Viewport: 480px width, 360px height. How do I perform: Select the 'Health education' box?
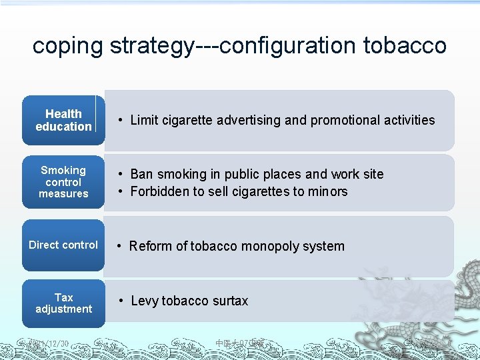point(63,121)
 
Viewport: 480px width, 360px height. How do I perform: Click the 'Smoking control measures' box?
point(63,182)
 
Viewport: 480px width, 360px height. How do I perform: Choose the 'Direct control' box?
point(63,245)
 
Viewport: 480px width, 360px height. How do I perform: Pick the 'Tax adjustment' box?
point(63,303)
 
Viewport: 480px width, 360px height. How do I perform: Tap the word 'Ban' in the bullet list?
point(141,175)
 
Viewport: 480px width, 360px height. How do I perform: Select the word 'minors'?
point(327,192)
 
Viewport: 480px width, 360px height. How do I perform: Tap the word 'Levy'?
point(144,301)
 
